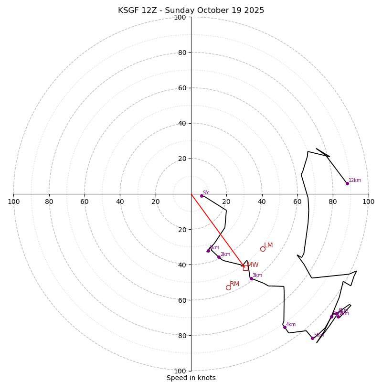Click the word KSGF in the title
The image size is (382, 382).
pyautogui.click(x=129, y=11)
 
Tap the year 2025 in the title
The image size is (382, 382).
pyautogui.click(x=254, y=11)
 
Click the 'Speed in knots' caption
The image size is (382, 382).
pyautogui.click(x=191, y=378)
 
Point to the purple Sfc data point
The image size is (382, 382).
pyautogui.click(x=202, y=196)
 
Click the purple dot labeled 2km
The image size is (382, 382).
pyautogui.click(x=219, y=257)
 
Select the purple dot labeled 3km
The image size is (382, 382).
pyautogui.click(x=251, y=278)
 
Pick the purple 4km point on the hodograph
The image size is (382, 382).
pyautogui.click(x=285, y=327)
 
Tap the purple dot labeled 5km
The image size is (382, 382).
pyautogui.click(x=313, y=338)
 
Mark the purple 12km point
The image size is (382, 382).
pyautogui.click(x=347, y=183)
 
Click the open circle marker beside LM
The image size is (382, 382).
pyautogui.click(x=263, y=249)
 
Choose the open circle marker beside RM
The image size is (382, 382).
pyautogui.click(x=228, y=287)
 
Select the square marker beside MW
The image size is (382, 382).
pyautogui.click(x=245, y=268)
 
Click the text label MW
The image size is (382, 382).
pyautogui.click(x=253, y=265)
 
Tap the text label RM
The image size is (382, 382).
pyautogui.click(x=234, y=284)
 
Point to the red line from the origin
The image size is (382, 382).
pyautogui.click(x=217, y=230)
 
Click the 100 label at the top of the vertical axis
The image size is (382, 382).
pyautogui.click(x=180, y=18)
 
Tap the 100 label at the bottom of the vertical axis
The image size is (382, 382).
pyautogui.click(x=180, y=371)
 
